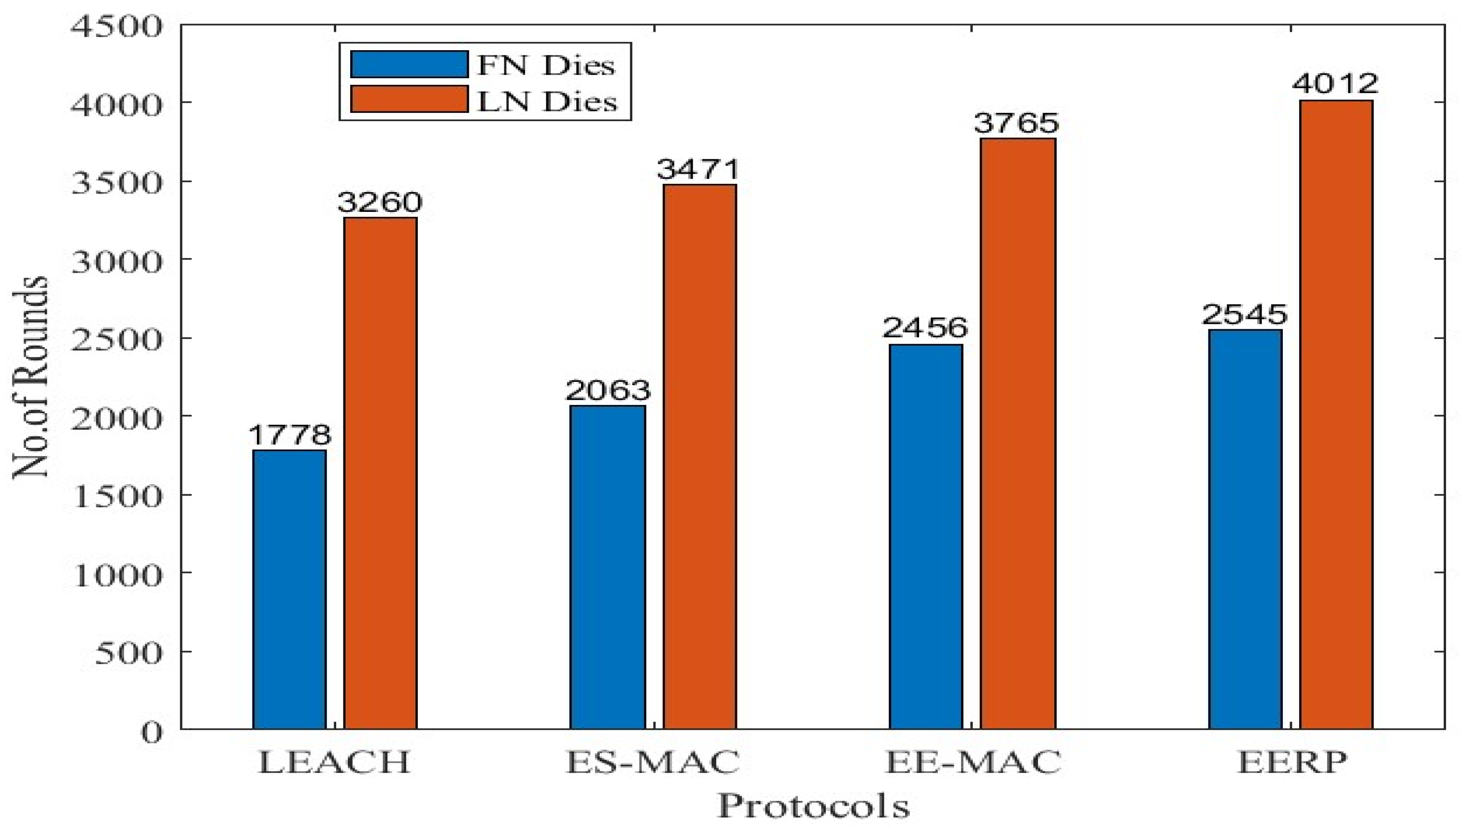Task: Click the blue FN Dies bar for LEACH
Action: (289, 589)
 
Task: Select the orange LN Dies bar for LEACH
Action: (380, 473)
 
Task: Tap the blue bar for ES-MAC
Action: (607, 567)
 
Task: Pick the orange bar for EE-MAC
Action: (1018, 434)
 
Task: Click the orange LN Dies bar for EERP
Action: (1336, 415)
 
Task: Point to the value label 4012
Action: (1335, 84)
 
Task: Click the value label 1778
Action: (290, 435)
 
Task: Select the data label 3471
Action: (697, 169)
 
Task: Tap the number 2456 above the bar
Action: (925, 328)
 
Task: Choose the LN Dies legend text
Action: (546, 102)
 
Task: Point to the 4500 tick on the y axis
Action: (116, 27)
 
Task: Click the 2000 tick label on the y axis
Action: (116, 419)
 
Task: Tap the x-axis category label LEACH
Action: (334, 763)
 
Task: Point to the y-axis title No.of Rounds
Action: (30, 377)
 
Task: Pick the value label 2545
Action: (1244, 314)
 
